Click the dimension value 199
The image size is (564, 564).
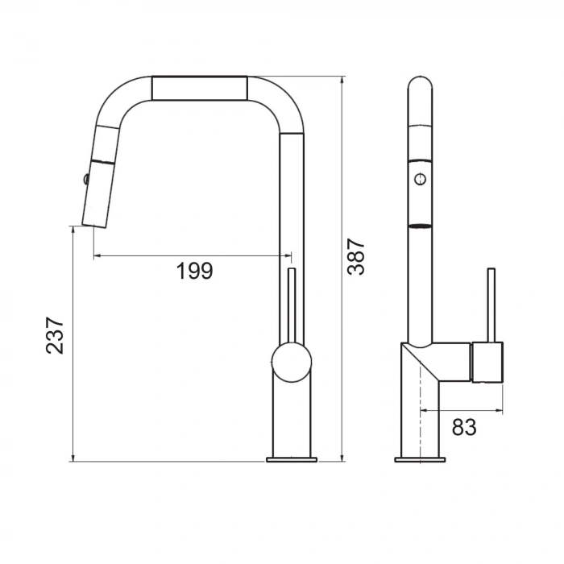pos(194,272)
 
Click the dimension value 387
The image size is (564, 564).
pos(356,257)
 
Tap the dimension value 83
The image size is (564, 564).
pos(463,427)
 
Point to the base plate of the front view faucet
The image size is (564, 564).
pos(292,460)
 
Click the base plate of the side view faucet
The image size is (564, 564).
pos(419,460)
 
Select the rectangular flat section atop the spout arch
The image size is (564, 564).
pos(199,89)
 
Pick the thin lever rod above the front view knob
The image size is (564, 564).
pos(292,306)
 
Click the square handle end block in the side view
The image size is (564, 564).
pos(487,362)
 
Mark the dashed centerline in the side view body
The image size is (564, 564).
pos(420,403)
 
